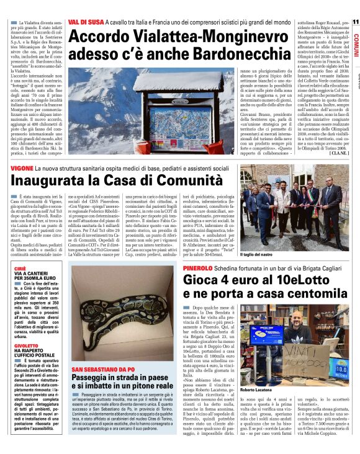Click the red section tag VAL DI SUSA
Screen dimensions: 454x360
click(x=84, y=22)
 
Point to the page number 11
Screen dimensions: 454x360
click(x=356, y=22)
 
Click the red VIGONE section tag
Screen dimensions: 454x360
click(x=22, y=168)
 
